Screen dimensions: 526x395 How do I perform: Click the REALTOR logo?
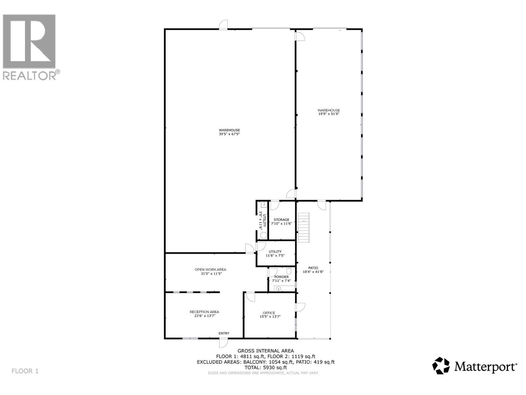pyautogui.click(x=31, y=47)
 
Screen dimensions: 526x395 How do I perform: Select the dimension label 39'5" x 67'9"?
pyautogui.click(x=229, y=134)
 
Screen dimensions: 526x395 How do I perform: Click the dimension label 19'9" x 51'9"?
pyautogui.click(x=328, y=114)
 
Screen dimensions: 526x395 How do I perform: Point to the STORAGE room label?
pyautogui.click(x=281, y=220)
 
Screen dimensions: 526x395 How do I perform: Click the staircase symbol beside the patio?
pyautogui.click(x=304, y=227)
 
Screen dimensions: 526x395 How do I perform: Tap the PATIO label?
pyautogui.click(x=313, y=268)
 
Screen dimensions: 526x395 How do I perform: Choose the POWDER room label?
pyautogui.click(x=281, y=277)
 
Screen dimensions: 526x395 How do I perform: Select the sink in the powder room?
pyautogui.click(x=278, y=289)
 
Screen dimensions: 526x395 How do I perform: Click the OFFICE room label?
pyautogui.click(x=269, y=313)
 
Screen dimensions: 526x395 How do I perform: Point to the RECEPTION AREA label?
pyautogui.click(x=204, y=312)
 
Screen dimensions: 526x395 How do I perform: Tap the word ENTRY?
pyautogui.click(x=224, y=333)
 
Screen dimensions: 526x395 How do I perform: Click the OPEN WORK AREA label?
pyautogui.click(x=210, y=269)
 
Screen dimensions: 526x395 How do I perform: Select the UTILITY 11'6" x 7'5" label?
pyautogui.click(x=275, y=253)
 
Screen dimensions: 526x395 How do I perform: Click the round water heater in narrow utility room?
pyautogui.click(x=264, y=235)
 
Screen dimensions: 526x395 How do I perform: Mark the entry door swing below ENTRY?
pyautogui.click(x=223, y=343)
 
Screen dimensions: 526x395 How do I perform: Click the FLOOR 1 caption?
pyautogui.click(x=25, y=371)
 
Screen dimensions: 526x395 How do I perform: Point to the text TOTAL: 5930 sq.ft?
pyautogui.click(x=266, y=367)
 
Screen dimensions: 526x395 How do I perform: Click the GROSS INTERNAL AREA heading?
pyautogui.click(x=266, y=351)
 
